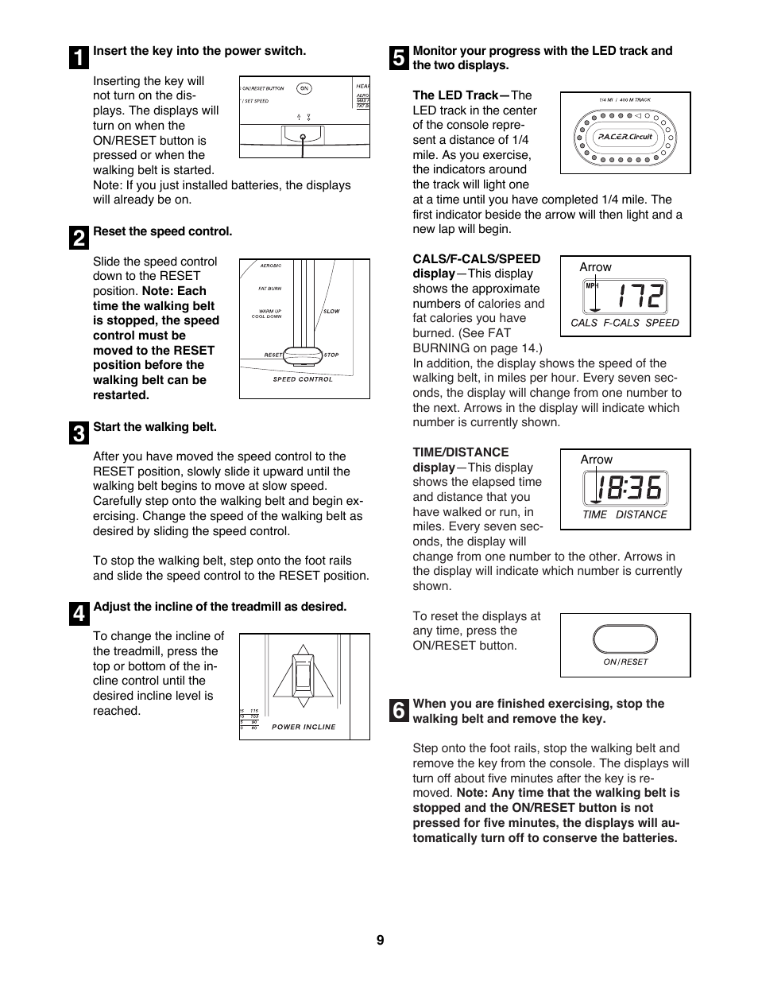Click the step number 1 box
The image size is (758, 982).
click(79, 58)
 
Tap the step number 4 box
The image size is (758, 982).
click(79, 614)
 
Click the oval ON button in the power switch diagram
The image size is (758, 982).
click(304, 88)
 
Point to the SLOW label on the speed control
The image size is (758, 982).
click(331, 311)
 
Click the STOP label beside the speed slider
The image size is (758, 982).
click(331, 355)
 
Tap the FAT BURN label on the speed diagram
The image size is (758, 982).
click(270, 289)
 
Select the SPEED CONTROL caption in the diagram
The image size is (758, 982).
click(303, 379)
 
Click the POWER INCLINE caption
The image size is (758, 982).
click(304, 727)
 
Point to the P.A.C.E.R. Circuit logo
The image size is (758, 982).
click(625, 136)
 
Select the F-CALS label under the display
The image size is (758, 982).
click(621, 323)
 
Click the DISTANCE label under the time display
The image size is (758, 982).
click(641, 514)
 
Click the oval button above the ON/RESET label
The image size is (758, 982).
click(625, 639)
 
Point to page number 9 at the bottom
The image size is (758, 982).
click(380, 940)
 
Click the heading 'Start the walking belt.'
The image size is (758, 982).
click(155, 427)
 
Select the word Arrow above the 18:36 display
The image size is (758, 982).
click(596, 460)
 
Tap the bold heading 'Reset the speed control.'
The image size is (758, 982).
click(163, 231)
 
